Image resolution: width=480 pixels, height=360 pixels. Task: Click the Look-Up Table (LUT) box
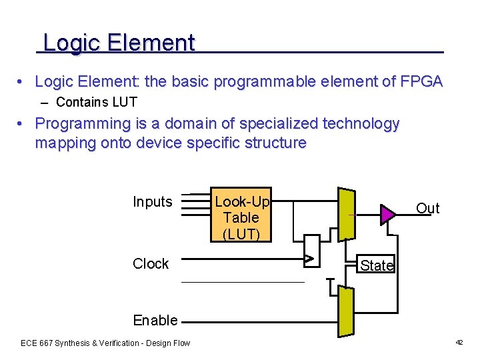click(241, 214)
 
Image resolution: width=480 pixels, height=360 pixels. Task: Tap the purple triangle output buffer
click(387, 214)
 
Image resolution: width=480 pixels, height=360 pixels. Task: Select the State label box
click(377, 265)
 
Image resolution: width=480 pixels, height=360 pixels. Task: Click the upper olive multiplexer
click(347, 214)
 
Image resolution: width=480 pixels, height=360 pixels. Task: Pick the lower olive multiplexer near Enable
click(346, 311)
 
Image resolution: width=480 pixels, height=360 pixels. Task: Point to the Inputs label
click(152, 202)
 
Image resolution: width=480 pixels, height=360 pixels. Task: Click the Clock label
click(151, 264)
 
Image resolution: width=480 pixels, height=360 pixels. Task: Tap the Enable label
click(155, 320)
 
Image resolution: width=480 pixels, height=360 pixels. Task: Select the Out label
click(427, 209)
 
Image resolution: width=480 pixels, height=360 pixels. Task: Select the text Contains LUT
click(97, 102)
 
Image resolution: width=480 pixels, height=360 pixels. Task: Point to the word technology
click(361, 123)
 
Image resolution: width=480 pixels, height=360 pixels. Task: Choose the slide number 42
click(459, 342)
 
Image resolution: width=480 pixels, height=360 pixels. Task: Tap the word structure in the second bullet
click(275, 143)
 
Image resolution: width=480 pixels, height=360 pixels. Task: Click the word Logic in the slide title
click(71, 43)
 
